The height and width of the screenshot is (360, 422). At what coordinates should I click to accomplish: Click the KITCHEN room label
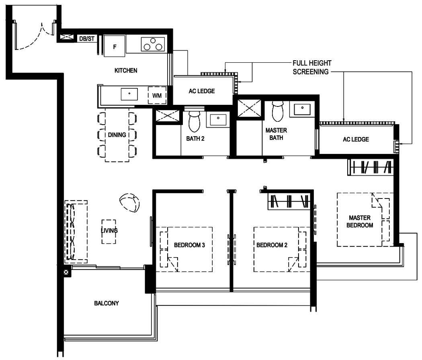coord(126,70)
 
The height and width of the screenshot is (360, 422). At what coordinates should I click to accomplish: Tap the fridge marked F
coord(115,46)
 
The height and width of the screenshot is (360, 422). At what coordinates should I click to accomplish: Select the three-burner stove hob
coord(153,44)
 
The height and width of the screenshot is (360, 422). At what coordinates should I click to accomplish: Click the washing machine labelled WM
coord(157,95)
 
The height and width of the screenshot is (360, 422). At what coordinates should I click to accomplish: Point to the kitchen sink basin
coord(129,94)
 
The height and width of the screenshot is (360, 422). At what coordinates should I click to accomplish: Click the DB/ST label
coord(87,39)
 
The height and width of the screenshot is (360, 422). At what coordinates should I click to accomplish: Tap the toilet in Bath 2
coord(194,121)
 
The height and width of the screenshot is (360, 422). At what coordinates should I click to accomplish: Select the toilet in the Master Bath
coord(278,111)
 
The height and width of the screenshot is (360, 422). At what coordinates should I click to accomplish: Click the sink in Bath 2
coord(218,119)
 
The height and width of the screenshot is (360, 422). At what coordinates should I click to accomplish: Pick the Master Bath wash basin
coord(302,109)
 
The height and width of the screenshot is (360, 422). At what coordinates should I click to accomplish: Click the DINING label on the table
coord(117,135)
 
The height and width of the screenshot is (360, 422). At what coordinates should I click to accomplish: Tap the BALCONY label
coord(107,303)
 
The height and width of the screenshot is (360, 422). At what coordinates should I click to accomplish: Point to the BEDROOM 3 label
coord(189,245)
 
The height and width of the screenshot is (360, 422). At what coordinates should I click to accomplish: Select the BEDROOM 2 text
coord(272,245)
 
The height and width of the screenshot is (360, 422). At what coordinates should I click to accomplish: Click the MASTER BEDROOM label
coord(360,221)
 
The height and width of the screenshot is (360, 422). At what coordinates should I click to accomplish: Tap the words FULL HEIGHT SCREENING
coord(312,67)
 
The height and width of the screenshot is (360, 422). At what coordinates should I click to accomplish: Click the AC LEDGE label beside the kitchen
coord(202,91)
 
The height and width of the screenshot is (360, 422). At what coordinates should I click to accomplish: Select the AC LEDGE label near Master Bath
coord(356,139)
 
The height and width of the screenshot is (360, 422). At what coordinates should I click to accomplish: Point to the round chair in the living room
coord(129,202)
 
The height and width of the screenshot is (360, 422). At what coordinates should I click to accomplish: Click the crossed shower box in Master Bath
coord(249,108)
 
